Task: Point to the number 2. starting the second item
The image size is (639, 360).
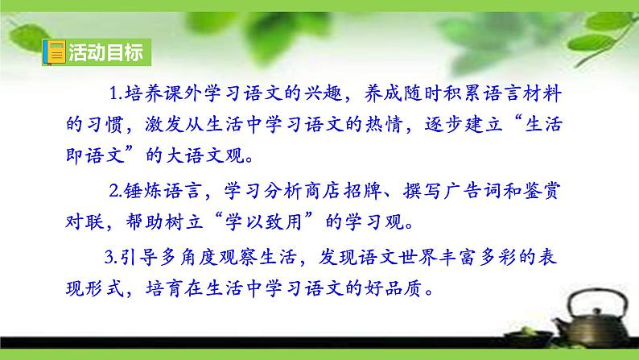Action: tap(114, 191)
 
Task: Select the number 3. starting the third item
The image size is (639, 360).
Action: tap(112, 259)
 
